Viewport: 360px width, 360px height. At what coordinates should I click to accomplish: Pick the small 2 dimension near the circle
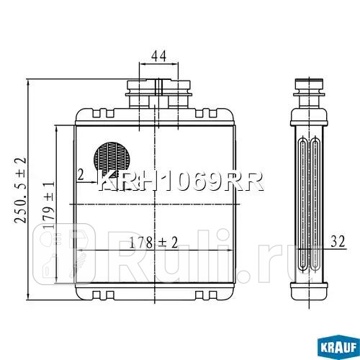point(81,174)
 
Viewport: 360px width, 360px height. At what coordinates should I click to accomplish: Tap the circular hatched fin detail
point(112,157)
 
